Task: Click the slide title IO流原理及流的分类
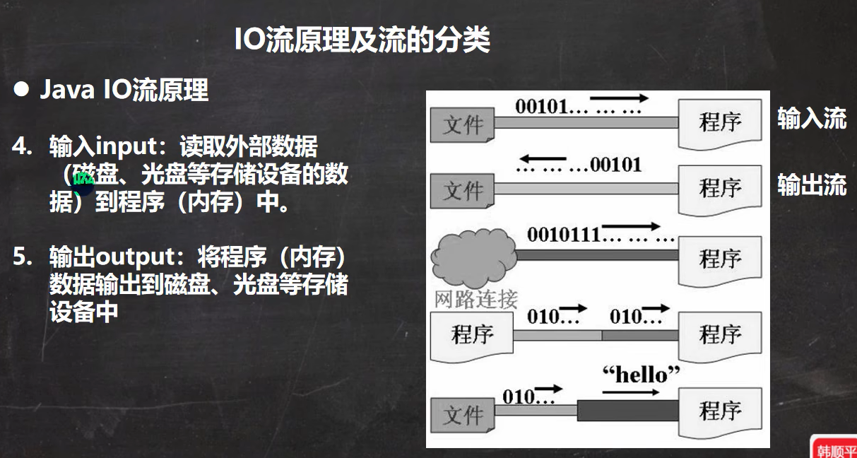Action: [362, 40]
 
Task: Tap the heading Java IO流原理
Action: [124, 90]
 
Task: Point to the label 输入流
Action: [811, 119]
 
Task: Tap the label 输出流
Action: [811, 185]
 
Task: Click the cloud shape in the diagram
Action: [473, 254]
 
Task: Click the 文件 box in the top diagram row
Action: [463, 125]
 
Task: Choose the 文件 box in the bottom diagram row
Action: [463, 413]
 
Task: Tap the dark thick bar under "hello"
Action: [627, 410]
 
